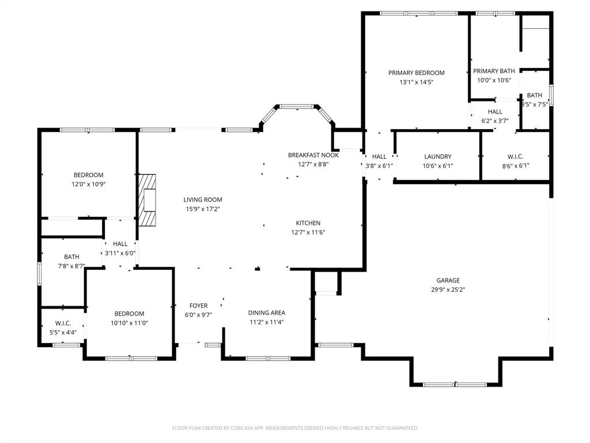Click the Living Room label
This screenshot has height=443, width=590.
pyautogui.click(x=202, y=200)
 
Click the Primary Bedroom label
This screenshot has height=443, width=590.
pyautogui.click(x=416, y=73)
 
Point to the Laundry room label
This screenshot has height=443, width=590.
pyautogui.click(x=437, y=156)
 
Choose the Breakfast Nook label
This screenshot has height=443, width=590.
pyautogui.click(x=313, y=155)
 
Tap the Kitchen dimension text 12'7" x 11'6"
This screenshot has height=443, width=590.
pyautogui.click(x=308, y=232)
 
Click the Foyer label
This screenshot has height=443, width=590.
pyautogui.click(x=198, y=306)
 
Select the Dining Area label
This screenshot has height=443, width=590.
pyautogui.click(x=267, y=313)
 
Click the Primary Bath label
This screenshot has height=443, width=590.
pyautogui.click(x=494, y=71)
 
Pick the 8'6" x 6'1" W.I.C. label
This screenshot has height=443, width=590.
pyautogui.click(x=515, y=156)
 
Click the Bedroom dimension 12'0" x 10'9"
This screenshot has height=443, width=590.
pyautogui.click(x=88, y=185)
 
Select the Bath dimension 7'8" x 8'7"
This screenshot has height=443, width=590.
pyautogui.click(x=71, y=266)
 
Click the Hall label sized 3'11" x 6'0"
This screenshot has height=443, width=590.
pyautogui.click(x=120, y=244)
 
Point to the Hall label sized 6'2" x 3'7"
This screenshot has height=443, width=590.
pyautogui.click(x=495, y=112)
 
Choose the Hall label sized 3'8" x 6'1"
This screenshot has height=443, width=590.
pyautogui.click(x=379, y=156)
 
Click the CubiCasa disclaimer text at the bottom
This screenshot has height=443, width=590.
pyautogui.click(x=295, y=428)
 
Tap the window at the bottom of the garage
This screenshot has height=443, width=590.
pyautogui.click(x=455, y=384)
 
